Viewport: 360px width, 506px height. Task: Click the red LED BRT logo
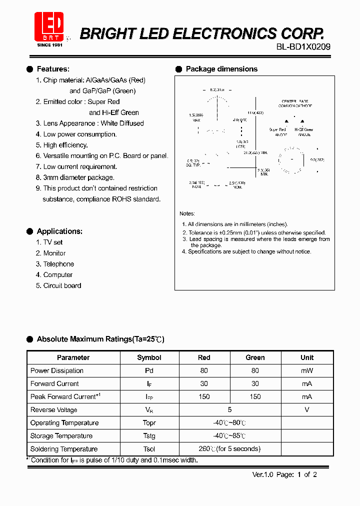pos(49,26)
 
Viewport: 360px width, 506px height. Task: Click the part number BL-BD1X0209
pos(303,47)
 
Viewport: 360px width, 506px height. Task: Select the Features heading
pos(53,69)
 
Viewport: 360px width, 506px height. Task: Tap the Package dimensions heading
pos(221,69)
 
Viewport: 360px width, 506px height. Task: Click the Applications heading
pos(59,231)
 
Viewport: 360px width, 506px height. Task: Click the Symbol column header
pos(149,357)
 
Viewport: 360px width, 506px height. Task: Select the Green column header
pos(255,357)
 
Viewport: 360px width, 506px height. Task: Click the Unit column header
pos(307,357)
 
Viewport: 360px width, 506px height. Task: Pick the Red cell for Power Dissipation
pos(204,370)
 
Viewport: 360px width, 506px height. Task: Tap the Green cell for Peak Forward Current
pos(255,396)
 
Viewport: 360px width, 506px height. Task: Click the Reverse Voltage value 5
pos(229,409)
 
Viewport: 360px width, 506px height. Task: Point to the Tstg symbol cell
pos(149,435)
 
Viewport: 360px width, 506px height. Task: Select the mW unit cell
pos(307,370)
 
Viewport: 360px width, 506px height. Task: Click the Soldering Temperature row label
pos(64,449)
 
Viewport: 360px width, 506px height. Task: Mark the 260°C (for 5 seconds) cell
pos(229,449)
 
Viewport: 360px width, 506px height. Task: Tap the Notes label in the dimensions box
pos(187,213)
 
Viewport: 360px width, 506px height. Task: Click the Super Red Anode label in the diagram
pos(277,131)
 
